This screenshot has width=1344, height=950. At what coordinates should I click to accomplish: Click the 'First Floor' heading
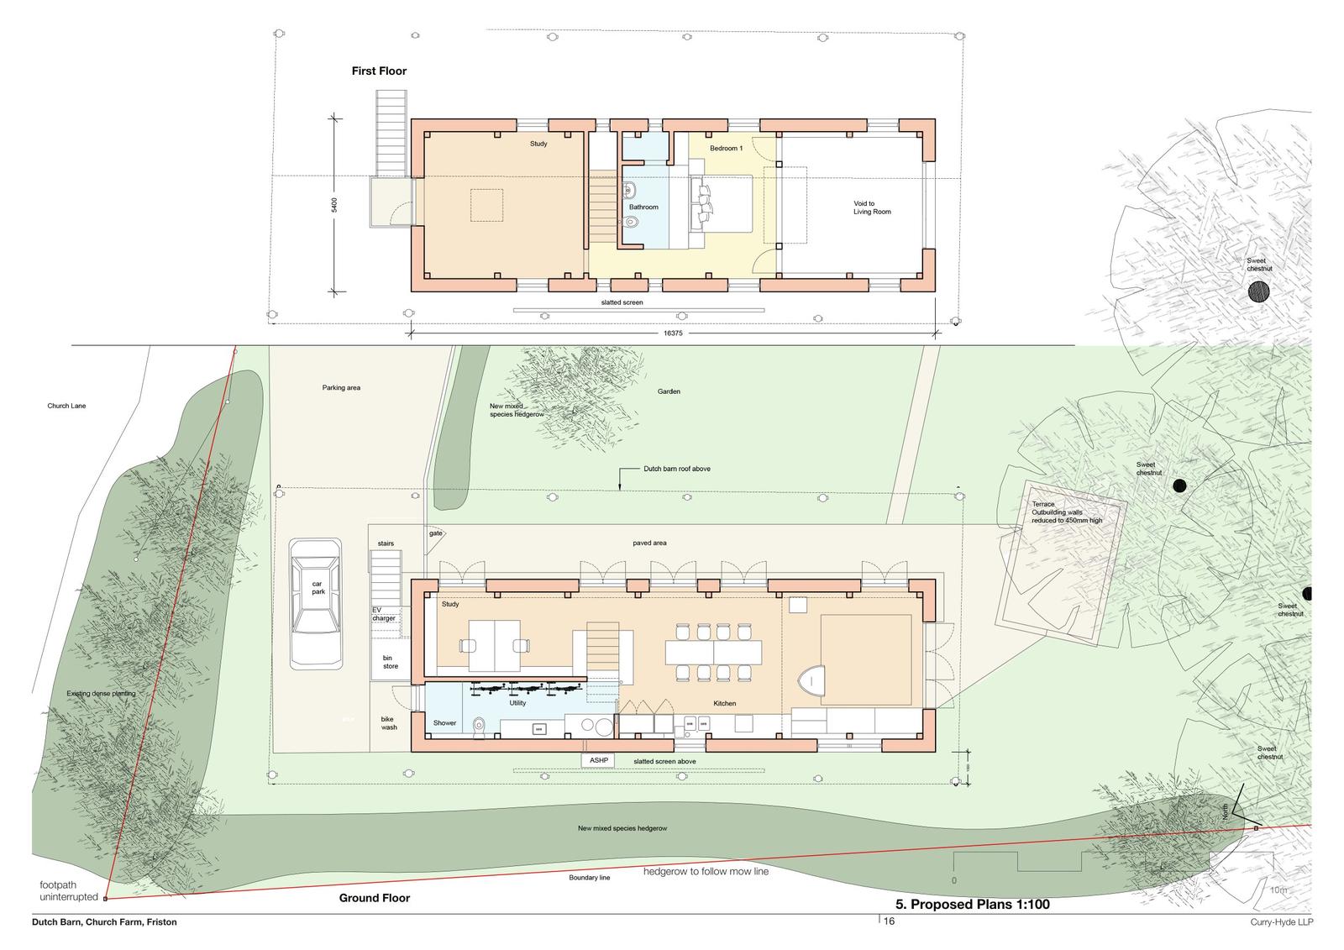click(x=379, y=71)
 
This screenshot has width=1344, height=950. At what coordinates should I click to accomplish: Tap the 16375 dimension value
click(x=674, y=333)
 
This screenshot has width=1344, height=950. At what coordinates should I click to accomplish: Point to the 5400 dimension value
click(x=334, y=205)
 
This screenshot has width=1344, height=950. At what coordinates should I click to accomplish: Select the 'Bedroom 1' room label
click(x=726, y=149)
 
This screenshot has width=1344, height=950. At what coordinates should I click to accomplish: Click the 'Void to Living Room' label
click(x=872, y=207)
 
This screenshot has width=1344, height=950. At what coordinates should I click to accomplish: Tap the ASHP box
click(x=598, y=760)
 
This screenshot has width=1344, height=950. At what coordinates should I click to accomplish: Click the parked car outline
click(x=316, y=602)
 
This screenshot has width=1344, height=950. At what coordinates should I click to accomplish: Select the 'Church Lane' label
click(x=66, y=406)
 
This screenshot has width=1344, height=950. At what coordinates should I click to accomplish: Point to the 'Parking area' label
click(x=341, y=388)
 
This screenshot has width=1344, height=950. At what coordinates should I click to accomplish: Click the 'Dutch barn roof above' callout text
click(x=677, y=469)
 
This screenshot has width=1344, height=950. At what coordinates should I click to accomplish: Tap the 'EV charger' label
click(x=383, y=614)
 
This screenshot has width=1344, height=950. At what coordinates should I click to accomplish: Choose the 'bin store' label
click(x=390, y=662)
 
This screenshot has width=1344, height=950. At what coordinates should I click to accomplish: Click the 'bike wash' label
click(x=388, y=722)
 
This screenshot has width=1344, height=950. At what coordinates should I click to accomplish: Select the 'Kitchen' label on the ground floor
click(x=724, y=703)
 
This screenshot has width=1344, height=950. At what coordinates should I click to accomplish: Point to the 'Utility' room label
click(x=517, y=703)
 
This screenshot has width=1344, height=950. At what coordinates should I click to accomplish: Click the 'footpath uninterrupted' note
click(x=69, y=890)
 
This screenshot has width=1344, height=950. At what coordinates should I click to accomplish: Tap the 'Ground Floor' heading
click(x=375, y=898)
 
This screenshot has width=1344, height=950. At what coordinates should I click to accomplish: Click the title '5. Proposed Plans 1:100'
click(x=972, y=905)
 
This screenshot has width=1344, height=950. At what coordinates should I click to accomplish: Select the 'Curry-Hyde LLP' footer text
click(x=1280, y=921)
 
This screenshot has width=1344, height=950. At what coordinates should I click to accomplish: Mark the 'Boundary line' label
click(x=589, y=878)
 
